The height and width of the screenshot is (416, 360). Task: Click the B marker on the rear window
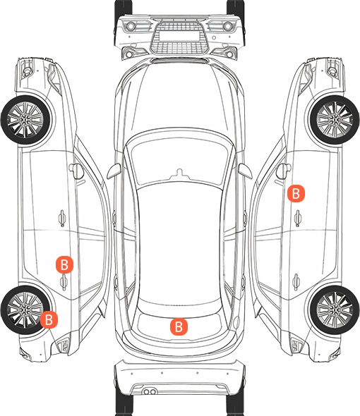[x=179, y=326]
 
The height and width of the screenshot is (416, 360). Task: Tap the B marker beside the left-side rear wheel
[x=49, y=319]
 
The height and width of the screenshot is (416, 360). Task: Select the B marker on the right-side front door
[x=296, y=194]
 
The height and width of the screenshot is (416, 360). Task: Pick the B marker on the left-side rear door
[x=64, y=264]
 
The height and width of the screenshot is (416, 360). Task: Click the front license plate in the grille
[x=179, y=36]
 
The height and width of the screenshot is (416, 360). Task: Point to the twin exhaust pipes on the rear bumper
[x=150, y=391]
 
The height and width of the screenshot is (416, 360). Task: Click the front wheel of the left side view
[x=26, y=120]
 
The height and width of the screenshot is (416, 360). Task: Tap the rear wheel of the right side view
[x=335, y=310]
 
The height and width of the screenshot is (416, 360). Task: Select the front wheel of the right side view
[x=335, y=120]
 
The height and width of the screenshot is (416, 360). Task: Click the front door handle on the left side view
[x=62, y=219]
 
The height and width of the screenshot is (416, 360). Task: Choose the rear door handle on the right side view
[x=296, y=282]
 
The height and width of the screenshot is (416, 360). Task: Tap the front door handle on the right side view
[x=298, y=219]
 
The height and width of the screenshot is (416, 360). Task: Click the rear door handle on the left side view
[x=64, y=282]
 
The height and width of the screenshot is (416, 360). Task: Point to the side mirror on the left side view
[x=76, y=171]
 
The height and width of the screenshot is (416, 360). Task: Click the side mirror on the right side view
[x=284, y=171]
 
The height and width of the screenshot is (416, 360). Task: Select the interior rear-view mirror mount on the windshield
[x=180, y=173]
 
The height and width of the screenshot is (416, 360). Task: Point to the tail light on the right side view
[x=297, y=345]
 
